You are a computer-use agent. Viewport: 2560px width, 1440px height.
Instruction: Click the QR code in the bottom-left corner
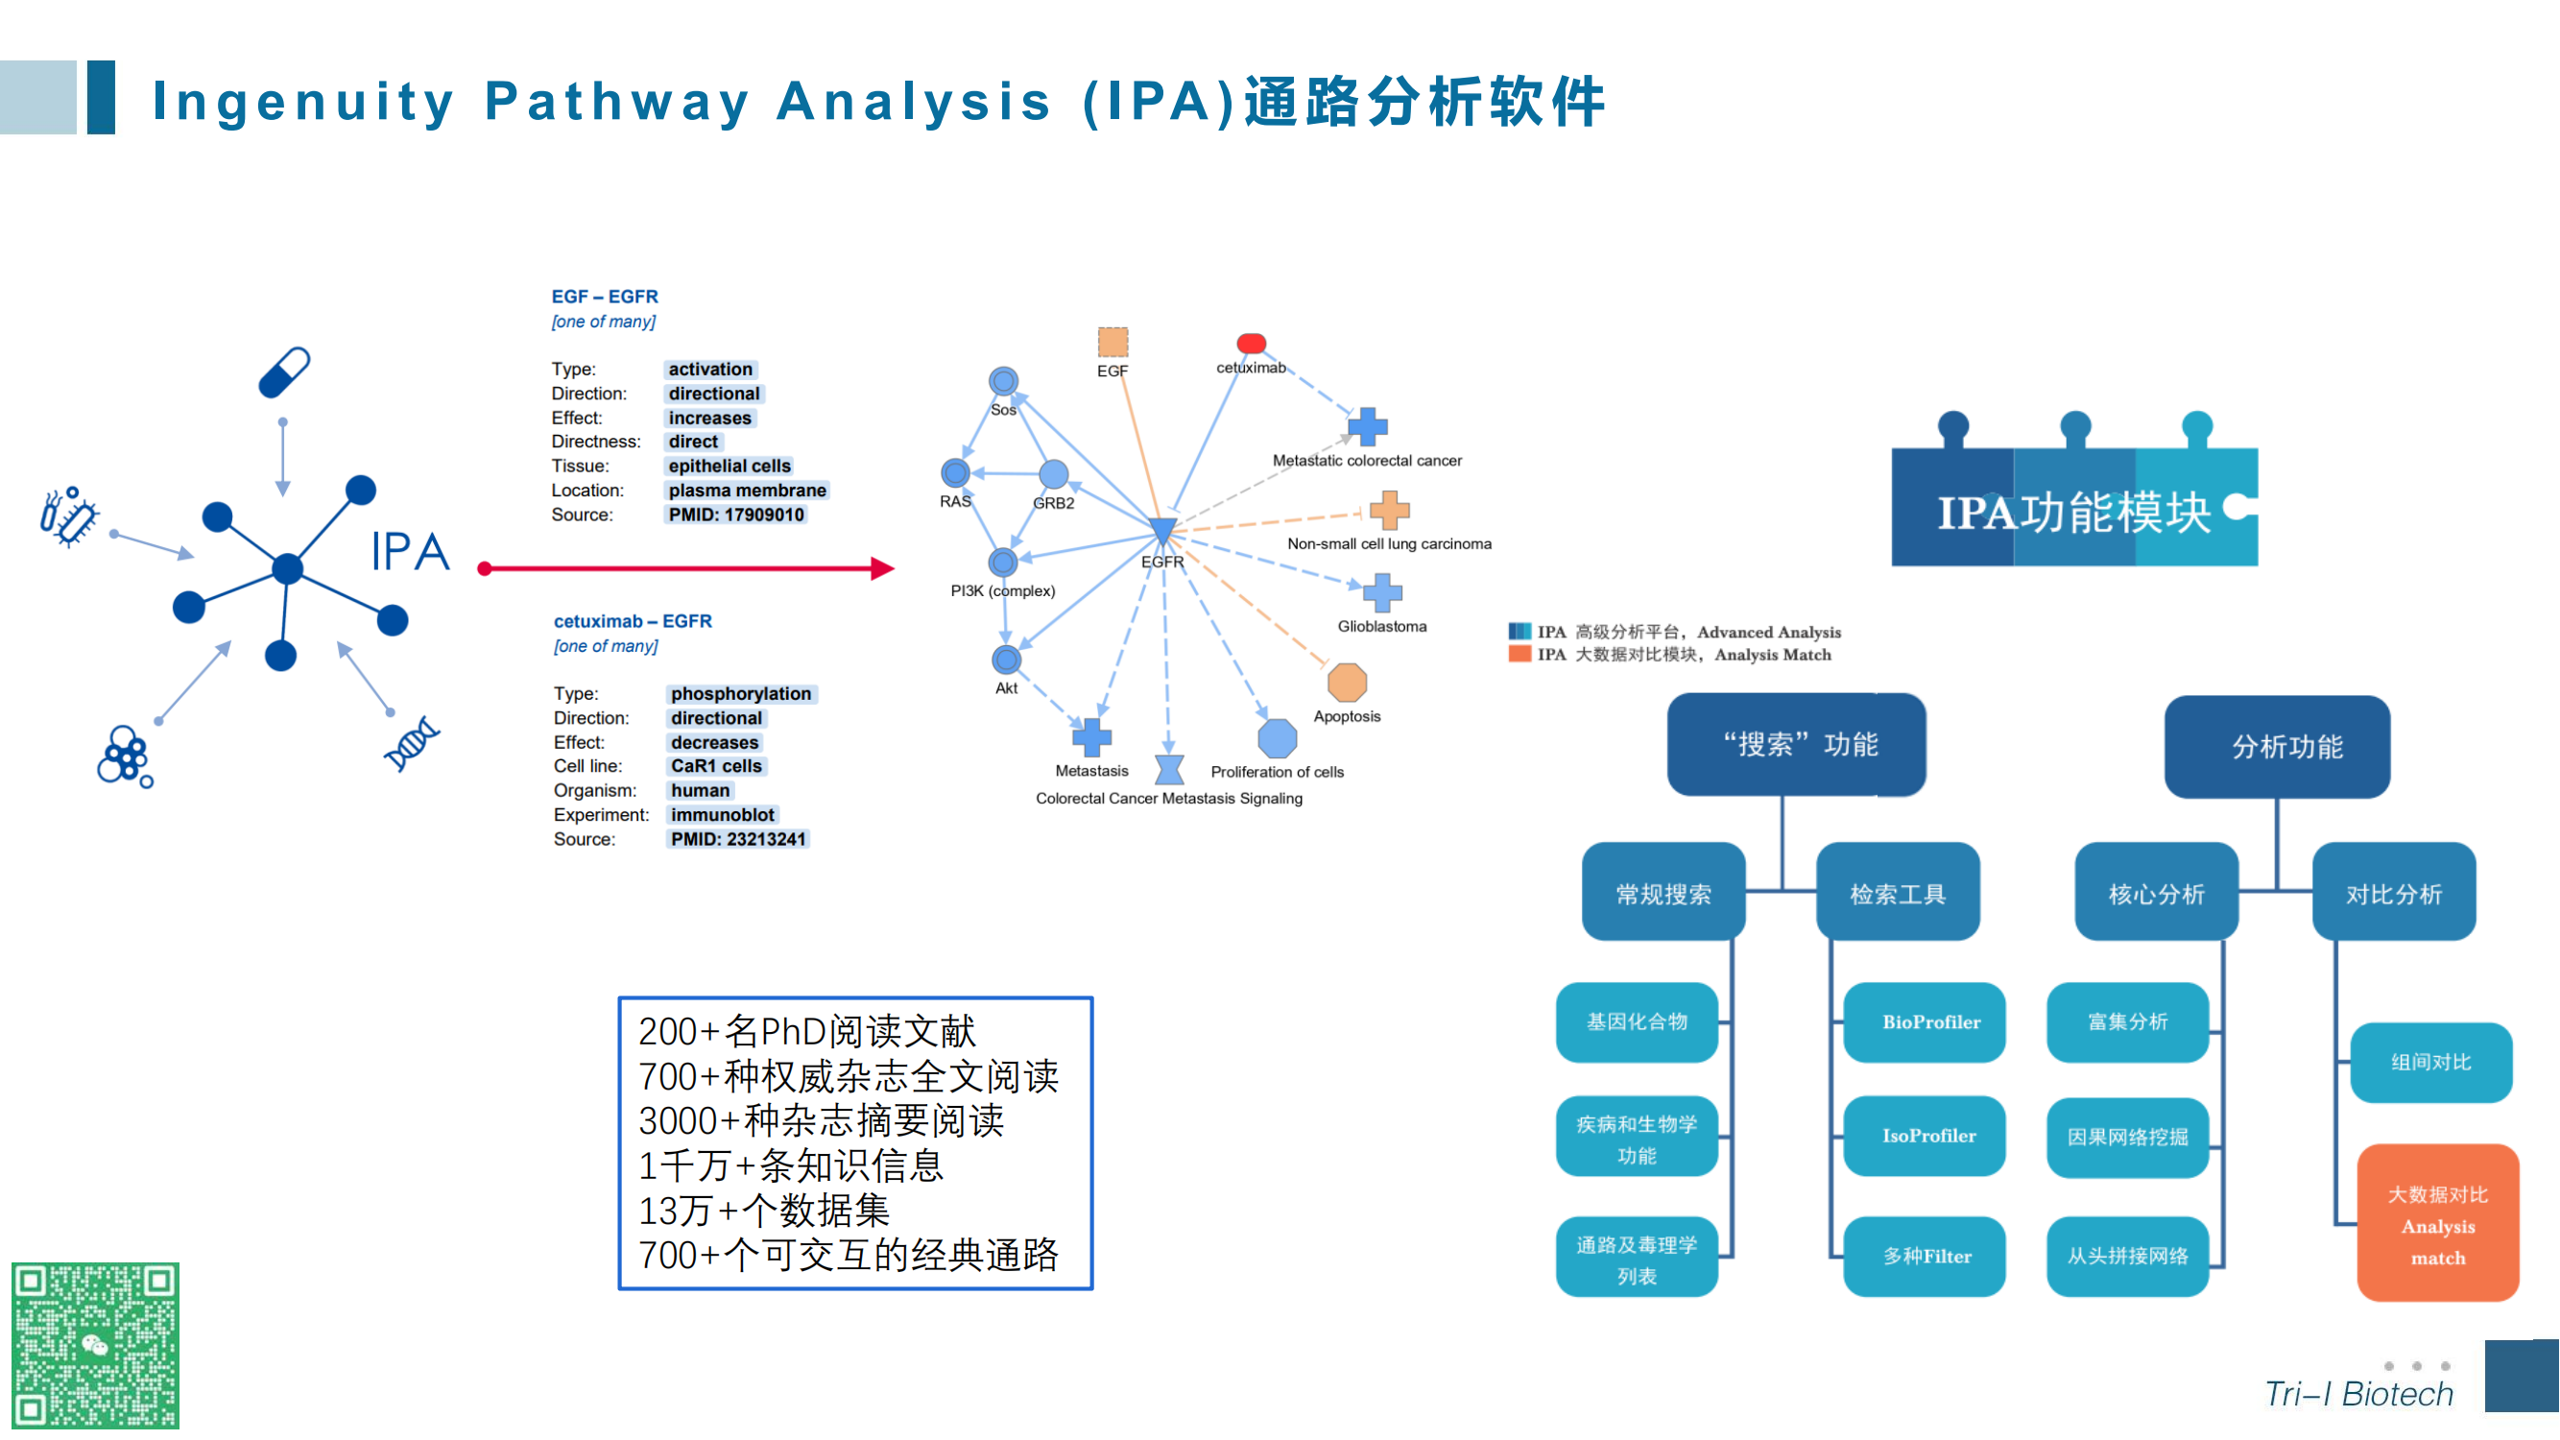coord(95,1345)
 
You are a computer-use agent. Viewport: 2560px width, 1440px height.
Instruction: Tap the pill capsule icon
coord(284,372)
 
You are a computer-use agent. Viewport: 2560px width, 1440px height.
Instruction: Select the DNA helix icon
coord(412,743)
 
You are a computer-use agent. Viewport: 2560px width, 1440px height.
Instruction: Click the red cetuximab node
coord(1251,344)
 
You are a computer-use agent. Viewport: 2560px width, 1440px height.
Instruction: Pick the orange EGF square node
coord(1113,342)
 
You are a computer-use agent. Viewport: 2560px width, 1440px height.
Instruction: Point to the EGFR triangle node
coord(1161,530)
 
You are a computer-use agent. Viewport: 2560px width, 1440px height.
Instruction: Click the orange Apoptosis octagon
coord(1347,683)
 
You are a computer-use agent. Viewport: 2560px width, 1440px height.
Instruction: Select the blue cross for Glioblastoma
coord(1382,592)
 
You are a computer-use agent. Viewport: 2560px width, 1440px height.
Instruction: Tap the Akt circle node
coord(1006,659)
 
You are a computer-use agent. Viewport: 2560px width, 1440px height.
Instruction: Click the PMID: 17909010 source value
coord(735,515)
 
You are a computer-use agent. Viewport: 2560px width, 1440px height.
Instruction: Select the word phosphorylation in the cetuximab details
coord(740,694)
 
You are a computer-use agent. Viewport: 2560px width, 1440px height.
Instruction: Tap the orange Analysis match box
coord(2438,1223)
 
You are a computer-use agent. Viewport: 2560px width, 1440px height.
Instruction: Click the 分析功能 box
coord(2278,746)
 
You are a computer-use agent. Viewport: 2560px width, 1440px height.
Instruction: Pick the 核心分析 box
coord(2157,893)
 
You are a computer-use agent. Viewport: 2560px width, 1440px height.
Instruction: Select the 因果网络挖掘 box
coord(2128,1137)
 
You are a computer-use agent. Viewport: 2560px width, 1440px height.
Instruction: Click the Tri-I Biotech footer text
coord(2359,1393)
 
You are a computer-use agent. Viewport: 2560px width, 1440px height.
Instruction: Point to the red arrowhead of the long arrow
coord(883,568)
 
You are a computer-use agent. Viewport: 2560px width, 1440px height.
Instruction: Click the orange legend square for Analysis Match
coord(1519,654)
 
